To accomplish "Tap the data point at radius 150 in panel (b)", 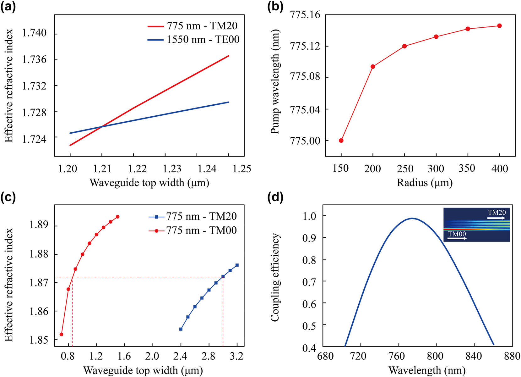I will coord(341,141).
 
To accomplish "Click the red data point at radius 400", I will coord(499,26).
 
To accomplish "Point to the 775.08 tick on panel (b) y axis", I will coord(306,77).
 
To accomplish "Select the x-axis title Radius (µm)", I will coord(425,183).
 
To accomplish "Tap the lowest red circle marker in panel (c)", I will coord(62,334).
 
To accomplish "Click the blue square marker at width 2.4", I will coord(181,329).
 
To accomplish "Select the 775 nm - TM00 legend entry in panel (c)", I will coord(201,230).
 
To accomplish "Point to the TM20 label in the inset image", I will coord(497,213).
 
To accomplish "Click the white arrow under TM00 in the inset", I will coord(457,239).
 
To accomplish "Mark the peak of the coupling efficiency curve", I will coord(412,218).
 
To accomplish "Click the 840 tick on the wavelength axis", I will coord(474,356).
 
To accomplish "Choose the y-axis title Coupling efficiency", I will coord(275,277).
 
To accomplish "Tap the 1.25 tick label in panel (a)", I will coord(242,169).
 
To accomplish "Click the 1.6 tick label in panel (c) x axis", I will coord(125,356).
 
